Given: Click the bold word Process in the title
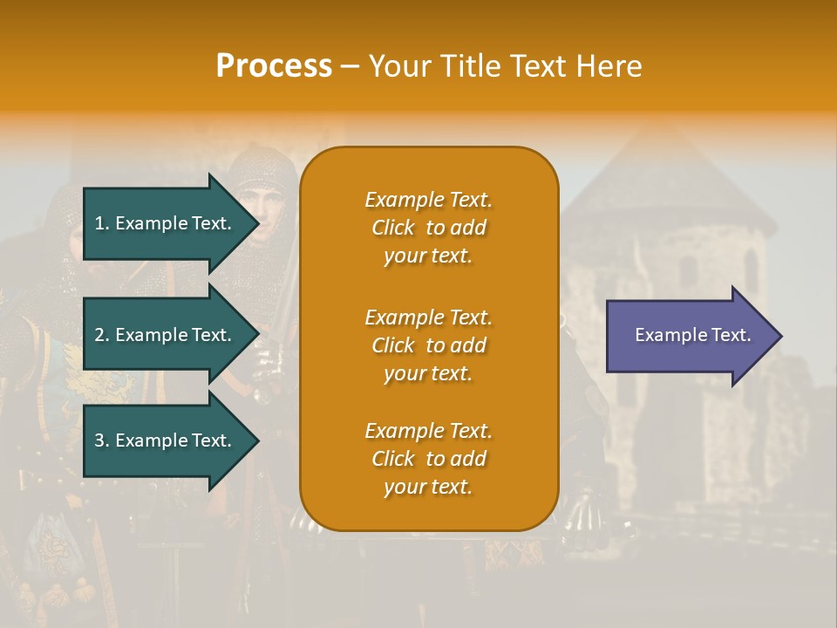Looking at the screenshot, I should click(x=274, y=66).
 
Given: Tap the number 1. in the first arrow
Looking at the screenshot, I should click(x=102, y=223).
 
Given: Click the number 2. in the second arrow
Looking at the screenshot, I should click(x=102, y=335).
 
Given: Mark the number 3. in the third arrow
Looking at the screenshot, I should click(x=102, y=440).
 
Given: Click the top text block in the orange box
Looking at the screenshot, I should click(x=428, y=228).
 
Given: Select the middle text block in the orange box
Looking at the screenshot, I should click(x=428, y=345).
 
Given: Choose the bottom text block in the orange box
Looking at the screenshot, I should click(x=428, y=459).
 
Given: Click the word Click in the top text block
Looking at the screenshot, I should click(x=393, y=228).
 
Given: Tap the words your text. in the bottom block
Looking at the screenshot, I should click(x=428, y=488).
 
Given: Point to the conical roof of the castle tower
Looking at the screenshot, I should click(x=667, y=174).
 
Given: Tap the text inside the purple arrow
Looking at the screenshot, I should click(x=693, y=335).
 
